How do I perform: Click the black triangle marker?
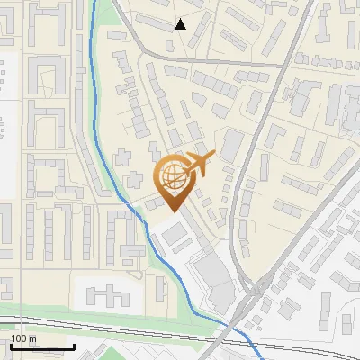(x=180, y=24)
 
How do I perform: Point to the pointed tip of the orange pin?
(x=171, y=211)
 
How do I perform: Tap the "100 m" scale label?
(x=24, y=338)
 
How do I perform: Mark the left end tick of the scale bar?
(x=11, y=345)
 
